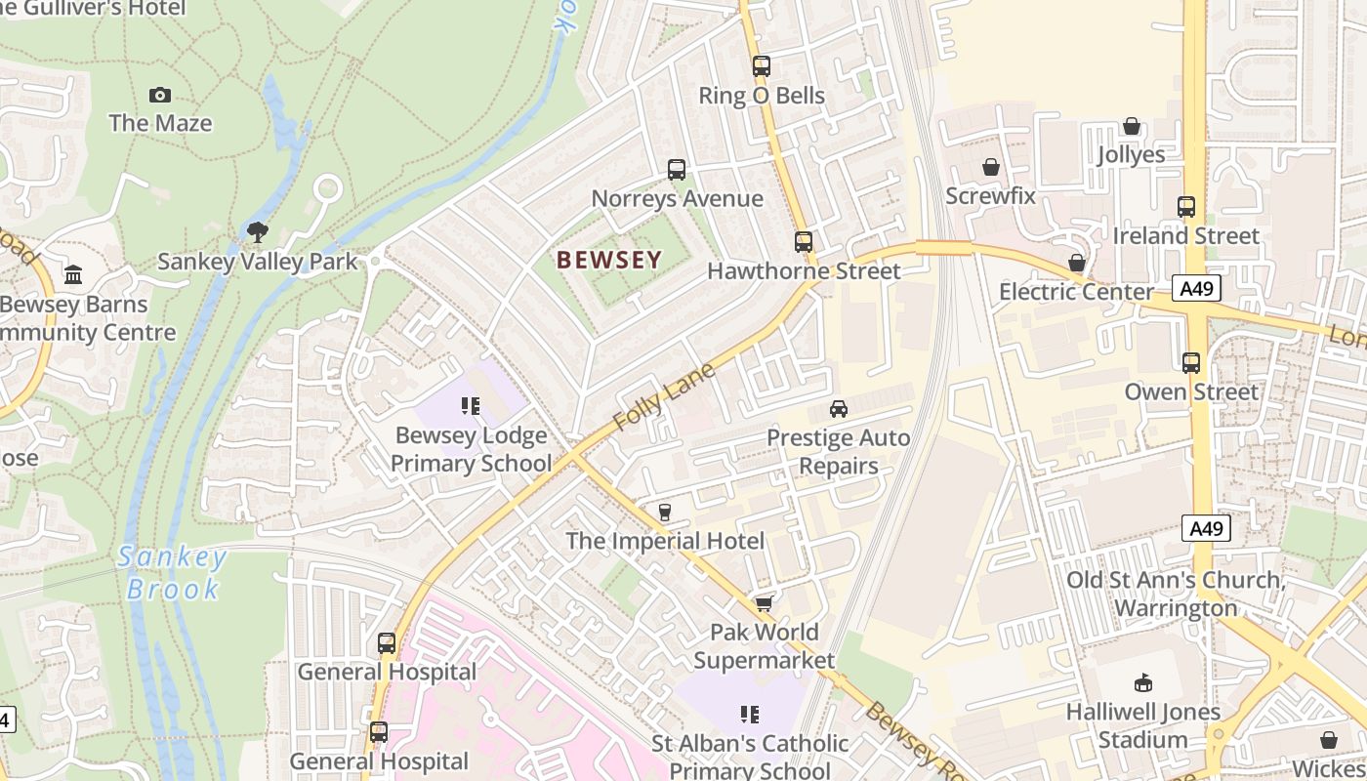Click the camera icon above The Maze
tap(160, 95)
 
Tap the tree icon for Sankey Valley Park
tap(258, 232)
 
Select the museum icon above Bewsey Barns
tap(73, 274)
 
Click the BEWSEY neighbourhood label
tap(609, 260)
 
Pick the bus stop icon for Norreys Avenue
tap(677, 170)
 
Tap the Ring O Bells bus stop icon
tap(762, 66)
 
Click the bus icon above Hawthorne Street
tap(804, 241)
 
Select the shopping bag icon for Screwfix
tap(991, 167)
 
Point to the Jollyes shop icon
tap(1132, 126)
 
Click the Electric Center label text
tap(1076, 292)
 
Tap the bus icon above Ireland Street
tap(1186, 207)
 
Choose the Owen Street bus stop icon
tap(1191, 363)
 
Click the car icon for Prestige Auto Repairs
tap(838, 409)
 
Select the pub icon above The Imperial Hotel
tap(665, 513)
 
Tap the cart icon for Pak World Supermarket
tap(764, 604)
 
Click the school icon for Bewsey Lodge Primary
tap(471, 406)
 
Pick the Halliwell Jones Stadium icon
tap(1142, 682)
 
